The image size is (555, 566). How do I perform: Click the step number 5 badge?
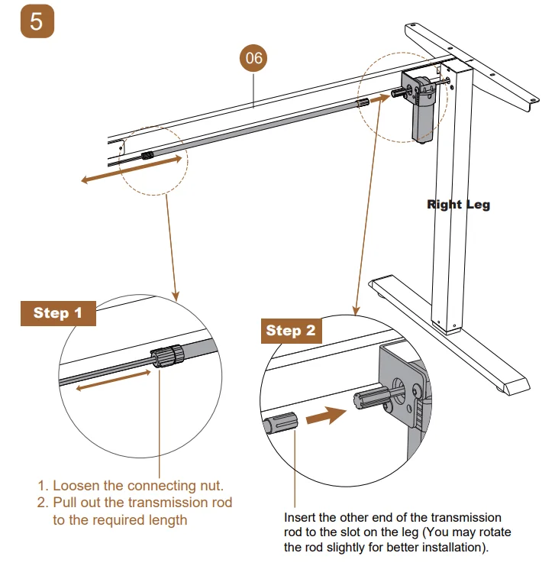[37, 21]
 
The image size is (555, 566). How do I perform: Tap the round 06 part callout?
[253, 58]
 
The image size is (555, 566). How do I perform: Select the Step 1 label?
[58, 313]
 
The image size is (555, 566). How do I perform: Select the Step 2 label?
[291, 331]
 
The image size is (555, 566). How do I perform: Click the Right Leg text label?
[458, 204]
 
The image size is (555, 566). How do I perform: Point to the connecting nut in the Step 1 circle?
[167, 356]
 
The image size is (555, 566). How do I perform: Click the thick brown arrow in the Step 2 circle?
[326, 415]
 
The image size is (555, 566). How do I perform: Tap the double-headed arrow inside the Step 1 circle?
[113, 380]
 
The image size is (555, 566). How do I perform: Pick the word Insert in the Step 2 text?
[299, 518]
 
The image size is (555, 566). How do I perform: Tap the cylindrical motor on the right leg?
[423, 115]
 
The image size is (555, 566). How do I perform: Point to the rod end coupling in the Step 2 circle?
[281, 422]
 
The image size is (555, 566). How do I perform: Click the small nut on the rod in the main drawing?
[147, 156]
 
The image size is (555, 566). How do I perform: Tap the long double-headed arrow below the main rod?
[131, 169]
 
